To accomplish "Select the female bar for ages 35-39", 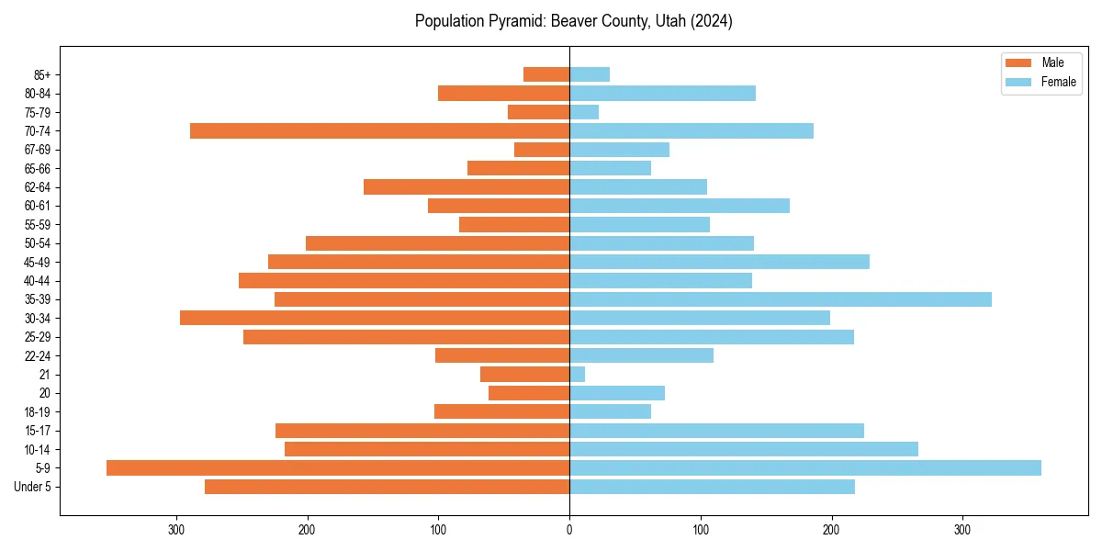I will pos(781,299).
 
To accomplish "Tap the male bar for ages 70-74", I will pos(380,131).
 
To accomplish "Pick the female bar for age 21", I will pos(578,375).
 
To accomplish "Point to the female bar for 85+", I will pos(590,74).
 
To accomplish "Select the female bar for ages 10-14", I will pos(744,449).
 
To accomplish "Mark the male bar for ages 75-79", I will pos(539,112).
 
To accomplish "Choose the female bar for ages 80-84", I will pos(662,94).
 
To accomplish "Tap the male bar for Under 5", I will pos(388,487).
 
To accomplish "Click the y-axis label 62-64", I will pos(38,187).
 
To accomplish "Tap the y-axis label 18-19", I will pos(38,412).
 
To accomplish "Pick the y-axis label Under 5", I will pos(33,487).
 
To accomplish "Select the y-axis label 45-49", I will pos(38,262).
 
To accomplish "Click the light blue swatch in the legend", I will pos(1018,82).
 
